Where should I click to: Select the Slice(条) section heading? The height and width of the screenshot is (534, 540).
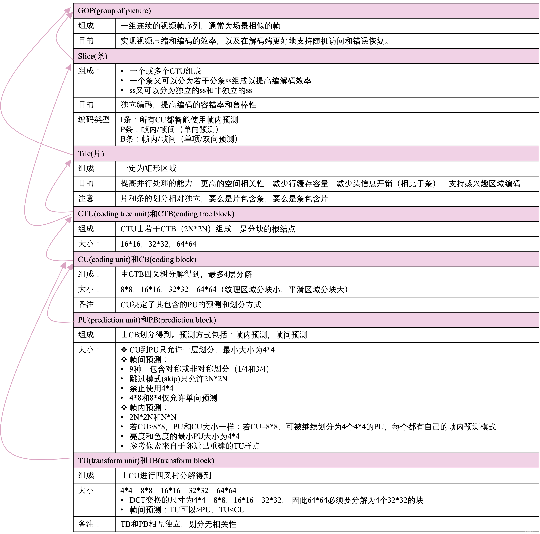[93, 56]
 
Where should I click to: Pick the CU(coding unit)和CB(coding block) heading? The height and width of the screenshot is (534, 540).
[137, 259]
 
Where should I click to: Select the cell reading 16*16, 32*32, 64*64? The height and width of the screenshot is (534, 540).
[158, 244]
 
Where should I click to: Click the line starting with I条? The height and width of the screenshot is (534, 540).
[179, 120]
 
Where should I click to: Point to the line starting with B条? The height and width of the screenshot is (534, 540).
[179, 139]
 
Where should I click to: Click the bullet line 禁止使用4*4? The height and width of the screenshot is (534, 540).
[151, 388]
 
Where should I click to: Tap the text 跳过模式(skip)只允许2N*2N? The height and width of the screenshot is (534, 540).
[178, 379]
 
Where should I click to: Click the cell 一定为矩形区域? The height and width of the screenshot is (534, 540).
[150, 168]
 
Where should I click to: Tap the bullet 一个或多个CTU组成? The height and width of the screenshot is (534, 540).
[165, 71]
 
